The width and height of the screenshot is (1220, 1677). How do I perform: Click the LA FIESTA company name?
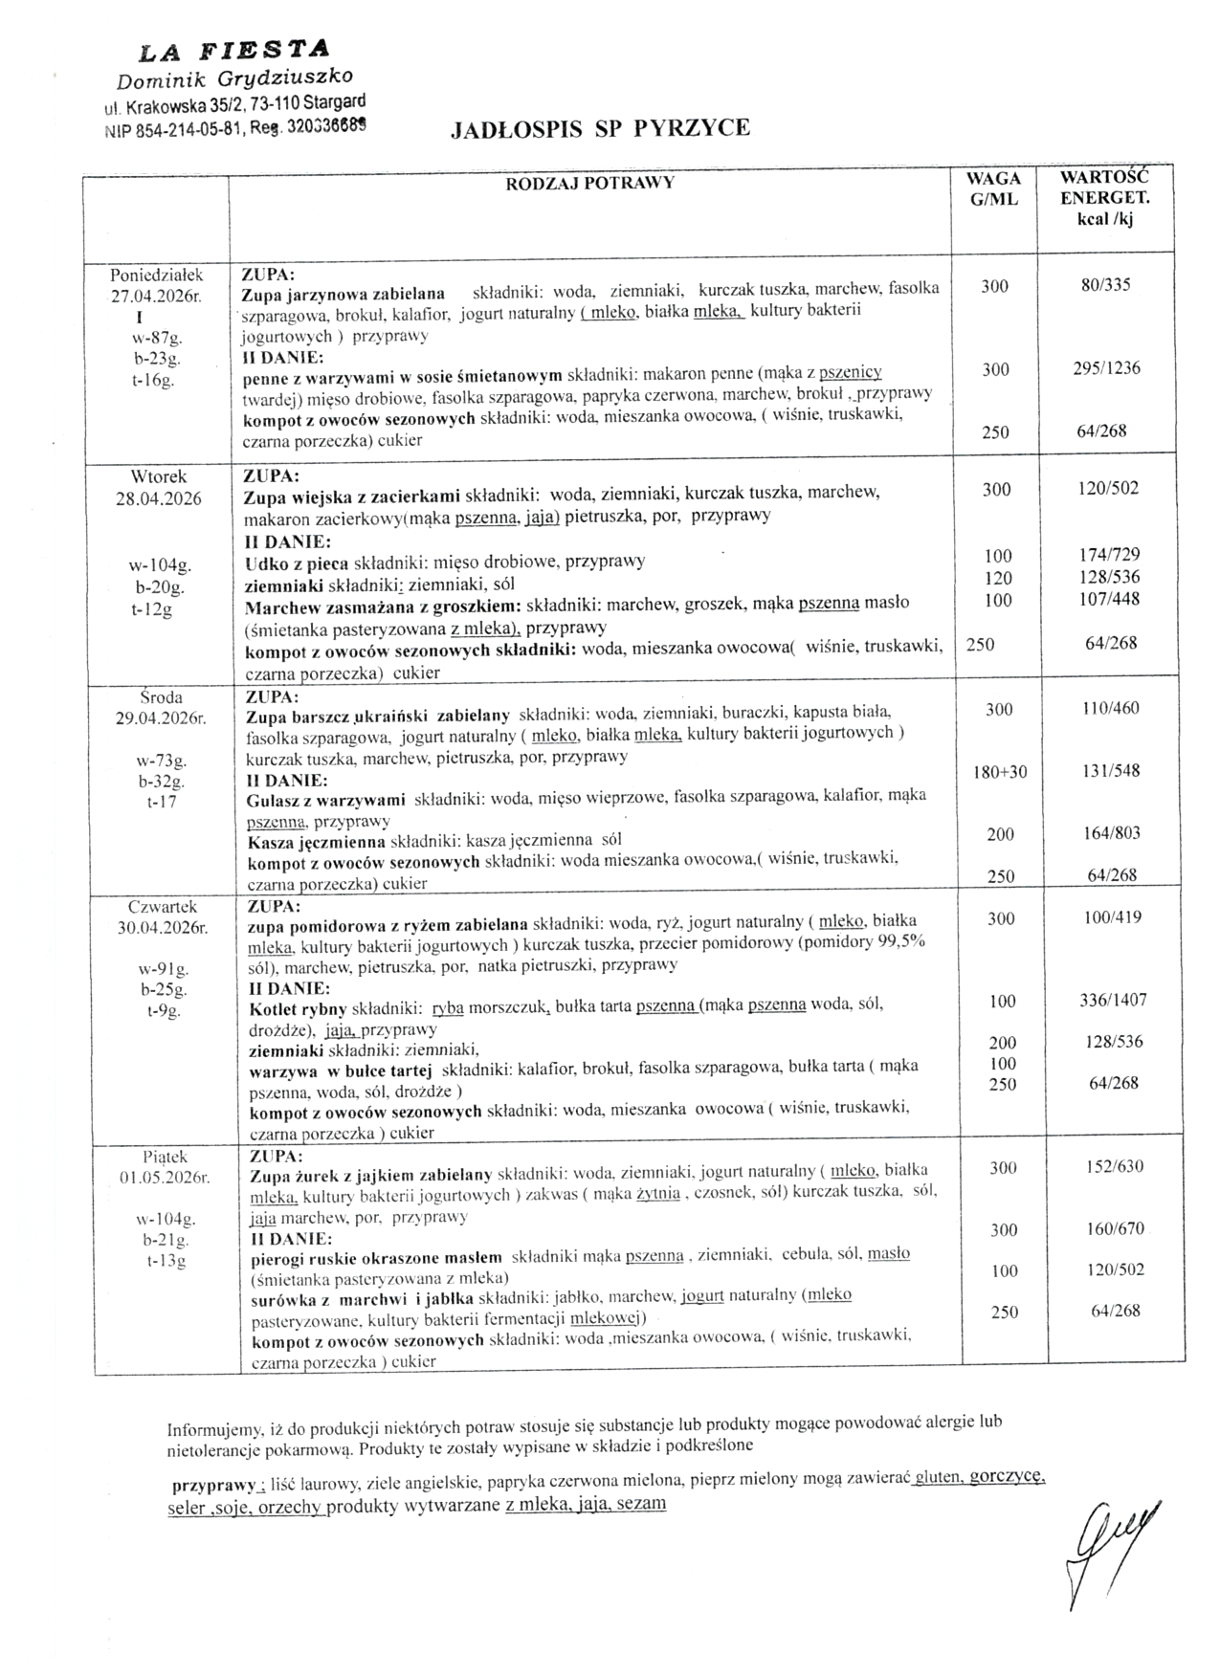pyautogui.click(x=234, y=49)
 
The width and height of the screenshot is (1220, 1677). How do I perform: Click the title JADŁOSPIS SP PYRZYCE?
pyautogui.click(x=600, y=128)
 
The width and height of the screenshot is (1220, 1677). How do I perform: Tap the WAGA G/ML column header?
pyautogui.click(x=993, y=189)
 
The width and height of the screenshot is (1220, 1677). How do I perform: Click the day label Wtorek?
pyautogui.click(x=159, y=476)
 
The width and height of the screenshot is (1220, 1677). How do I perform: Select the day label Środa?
pyautogui.click(x=161, y=697)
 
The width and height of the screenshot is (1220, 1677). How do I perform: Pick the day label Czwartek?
pyautogui.click(x=163, y=906)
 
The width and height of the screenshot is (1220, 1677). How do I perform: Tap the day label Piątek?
pyautogui.click(x=165, y=1158)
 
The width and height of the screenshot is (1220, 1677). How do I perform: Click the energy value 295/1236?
pyautogui.click(x=1106, y=368)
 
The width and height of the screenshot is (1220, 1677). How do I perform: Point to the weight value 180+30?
pyautogui.click(x=1000, y=772)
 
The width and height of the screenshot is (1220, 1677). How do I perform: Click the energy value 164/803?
pyautogui.click(x=1112, y=833)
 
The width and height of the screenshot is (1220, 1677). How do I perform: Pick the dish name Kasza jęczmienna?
pyautogui.click(x=315, y=842)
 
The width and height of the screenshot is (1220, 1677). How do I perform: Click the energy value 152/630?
pyautogui.click(x=1115, y=1166)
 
